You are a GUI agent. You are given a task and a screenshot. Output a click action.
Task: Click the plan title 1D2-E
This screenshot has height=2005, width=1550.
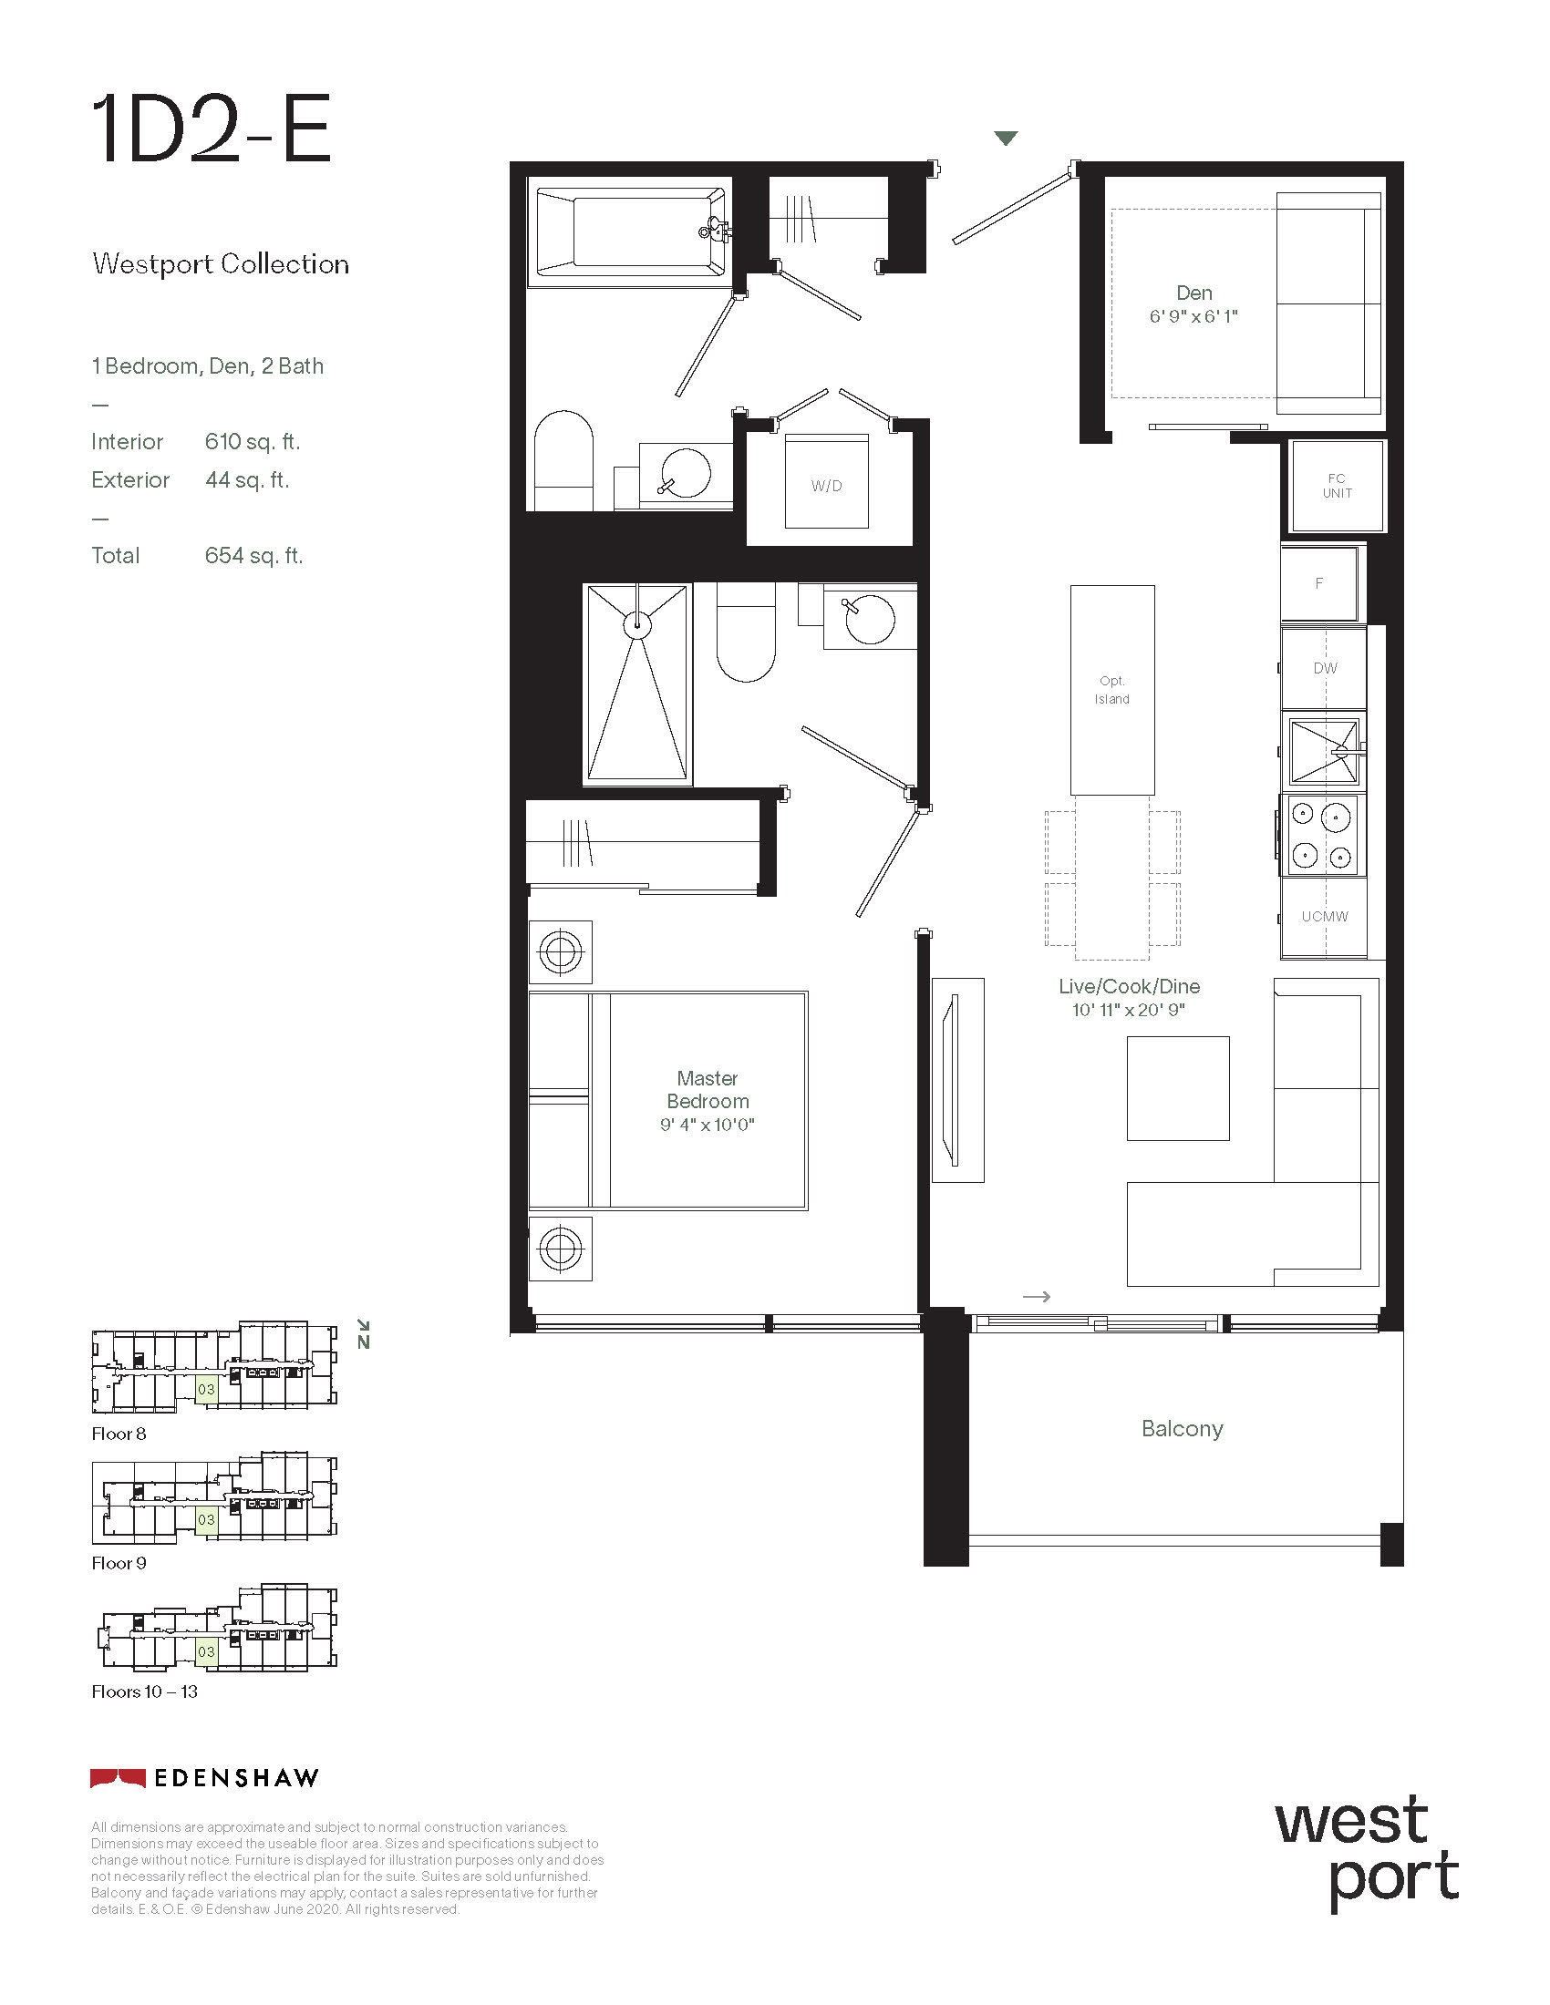pos(212,129)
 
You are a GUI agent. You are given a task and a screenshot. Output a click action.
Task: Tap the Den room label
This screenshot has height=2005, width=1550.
pos(1193,293)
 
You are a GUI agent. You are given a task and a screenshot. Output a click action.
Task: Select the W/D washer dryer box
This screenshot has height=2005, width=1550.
pos(826,481)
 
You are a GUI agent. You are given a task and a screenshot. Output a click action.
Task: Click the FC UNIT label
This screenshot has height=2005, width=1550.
pos(1337,486)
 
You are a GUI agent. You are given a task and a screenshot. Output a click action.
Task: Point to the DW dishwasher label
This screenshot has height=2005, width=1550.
pos(1325,668)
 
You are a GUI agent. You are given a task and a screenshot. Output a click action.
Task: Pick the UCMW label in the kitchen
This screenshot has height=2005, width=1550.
pos(1325,916)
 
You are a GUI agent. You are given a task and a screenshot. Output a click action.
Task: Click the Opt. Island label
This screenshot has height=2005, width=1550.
pos(1112,690)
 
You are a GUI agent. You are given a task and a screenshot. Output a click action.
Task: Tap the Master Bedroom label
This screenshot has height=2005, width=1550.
pos(708,1090)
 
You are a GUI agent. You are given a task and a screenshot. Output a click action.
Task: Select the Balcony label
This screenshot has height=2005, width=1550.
pos(1182,1428)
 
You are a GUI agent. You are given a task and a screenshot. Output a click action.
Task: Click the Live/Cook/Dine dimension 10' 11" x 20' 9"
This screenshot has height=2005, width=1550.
pos(1129,1010)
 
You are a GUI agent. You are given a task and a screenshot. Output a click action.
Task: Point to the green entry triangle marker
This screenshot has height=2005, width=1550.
pos(1007,139)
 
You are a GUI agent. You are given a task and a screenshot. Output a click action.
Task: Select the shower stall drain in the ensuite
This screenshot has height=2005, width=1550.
pos(637,625)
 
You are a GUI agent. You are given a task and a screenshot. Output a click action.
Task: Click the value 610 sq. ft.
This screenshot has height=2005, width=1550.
pos(253,442)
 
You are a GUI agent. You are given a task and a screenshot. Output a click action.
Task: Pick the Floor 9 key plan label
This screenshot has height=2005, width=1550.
pos(119,1562)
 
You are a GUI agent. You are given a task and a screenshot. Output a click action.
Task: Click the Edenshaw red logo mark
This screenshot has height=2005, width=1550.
pos(118,1778)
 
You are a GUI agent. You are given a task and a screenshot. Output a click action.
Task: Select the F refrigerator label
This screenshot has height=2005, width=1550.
pos(1318,583)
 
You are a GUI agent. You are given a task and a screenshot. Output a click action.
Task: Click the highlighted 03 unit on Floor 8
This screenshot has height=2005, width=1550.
pos(206,1389)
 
